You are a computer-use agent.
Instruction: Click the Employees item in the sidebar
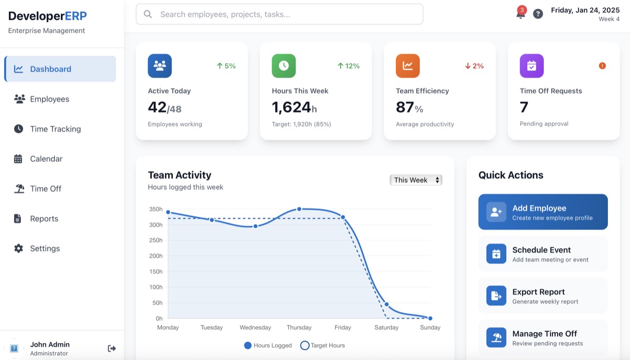click(x=49, y=99)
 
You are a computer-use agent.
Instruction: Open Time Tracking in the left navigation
click(x=55, y=129)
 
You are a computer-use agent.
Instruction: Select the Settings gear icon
click(x=18, y=249)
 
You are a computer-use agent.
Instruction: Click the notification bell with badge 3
click(x=520, y=14)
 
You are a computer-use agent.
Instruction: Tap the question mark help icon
click(x=538, y=14)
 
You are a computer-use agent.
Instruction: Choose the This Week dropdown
click(x=416, y=180)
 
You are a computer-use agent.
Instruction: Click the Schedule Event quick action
click(x=543, y=254)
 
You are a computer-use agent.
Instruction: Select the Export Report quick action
click(x=543, y=296)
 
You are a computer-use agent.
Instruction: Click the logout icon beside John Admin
click(x=112, y=348)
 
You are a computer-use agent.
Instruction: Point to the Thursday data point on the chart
click(x=299, y=209)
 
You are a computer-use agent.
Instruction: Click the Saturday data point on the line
click(x=386, y=304)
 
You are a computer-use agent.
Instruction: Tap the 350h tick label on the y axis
click(x=156, y=209)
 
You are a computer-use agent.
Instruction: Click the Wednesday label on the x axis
click(x=255, y=327)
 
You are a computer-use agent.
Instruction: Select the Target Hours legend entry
click(x=322, y=345)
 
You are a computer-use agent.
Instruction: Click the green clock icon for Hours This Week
click(x=283, y=66)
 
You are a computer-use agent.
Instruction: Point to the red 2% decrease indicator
click(x=474, y=66)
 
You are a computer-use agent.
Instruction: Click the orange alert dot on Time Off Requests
click(x=602, y=66)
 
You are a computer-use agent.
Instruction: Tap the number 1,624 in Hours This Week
click(x=291, y=107)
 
